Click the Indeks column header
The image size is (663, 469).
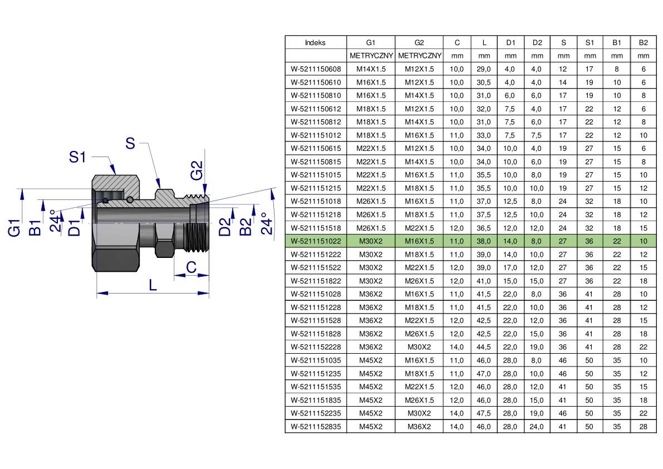coord(316,43)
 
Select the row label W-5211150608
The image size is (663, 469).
coord(316,69)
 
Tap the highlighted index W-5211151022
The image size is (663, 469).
coord(316,241)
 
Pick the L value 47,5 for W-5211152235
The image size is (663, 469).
coord(484,413)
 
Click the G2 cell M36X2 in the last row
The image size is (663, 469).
coord(419,426)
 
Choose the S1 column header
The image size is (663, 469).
coord(590,43)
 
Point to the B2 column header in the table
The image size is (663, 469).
coord(643,43)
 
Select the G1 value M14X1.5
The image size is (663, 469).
coord(371,69)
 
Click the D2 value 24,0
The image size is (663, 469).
coord(537,426)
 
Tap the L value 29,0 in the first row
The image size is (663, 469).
coord(484,69)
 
